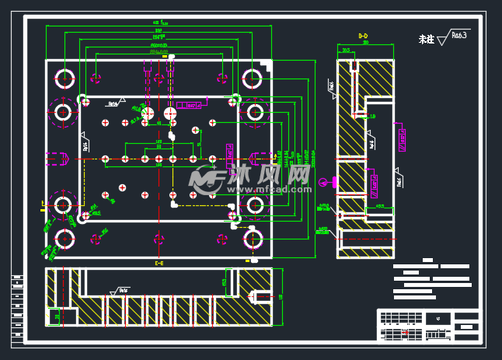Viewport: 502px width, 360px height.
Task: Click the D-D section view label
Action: (x=363, y=36)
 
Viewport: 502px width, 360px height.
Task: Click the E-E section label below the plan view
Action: (x=159, y=264)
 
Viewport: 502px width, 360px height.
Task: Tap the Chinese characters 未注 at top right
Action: (x=426, y=38)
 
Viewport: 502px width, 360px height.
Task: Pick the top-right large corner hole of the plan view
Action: (x=253, y=78)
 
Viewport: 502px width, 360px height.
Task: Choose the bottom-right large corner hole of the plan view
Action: (x=253, y=238)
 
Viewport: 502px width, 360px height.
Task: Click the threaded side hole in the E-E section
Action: (x=262, y=295)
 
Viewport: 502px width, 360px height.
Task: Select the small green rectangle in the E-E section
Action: (x=56, y=316)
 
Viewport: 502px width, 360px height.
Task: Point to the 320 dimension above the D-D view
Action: (x=365, y=43)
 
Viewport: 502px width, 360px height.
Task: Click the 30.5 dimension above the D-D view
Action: (x=346, y=50)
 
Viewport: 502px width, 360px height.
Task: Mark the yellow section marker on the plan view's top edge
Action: (x=173, y=57)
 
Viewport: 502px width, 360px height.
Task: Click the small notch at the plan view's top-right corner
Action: (x=267, y=64)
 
